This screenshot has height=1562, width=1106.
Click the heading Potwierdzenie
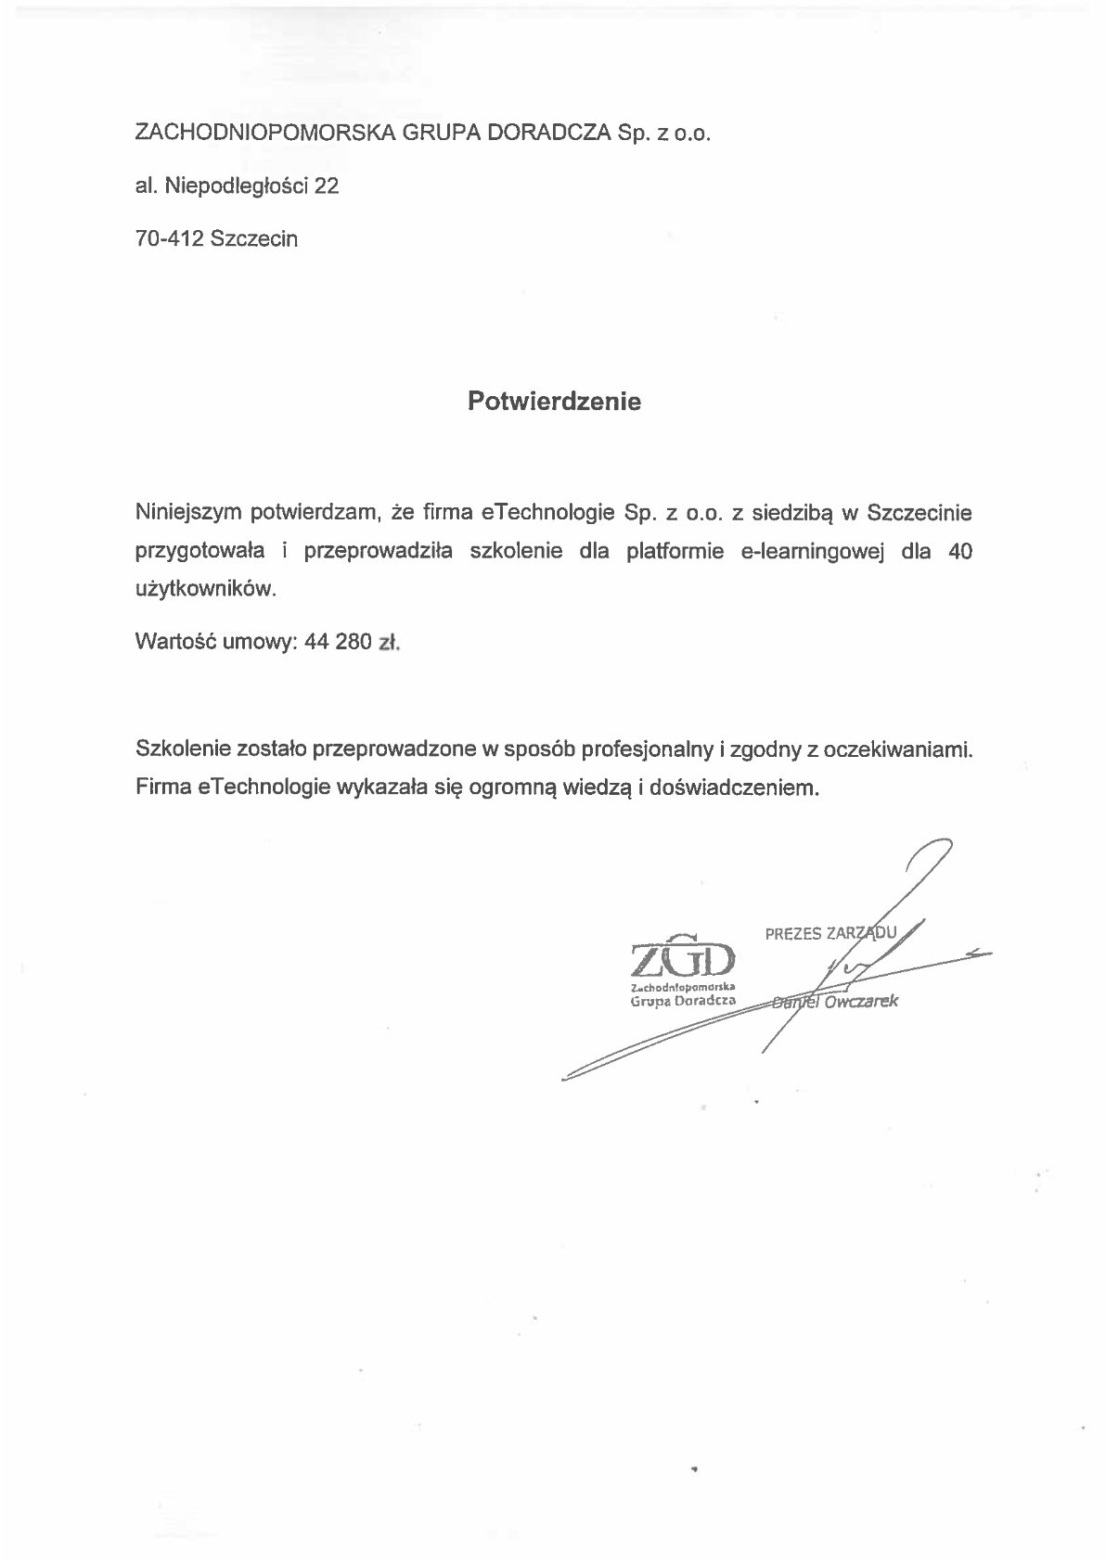pos(554,402)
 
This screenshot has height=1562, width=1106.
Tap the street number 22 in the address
pos(327,186)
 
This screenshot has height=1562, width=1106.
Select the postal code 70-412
pos(170,238)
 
